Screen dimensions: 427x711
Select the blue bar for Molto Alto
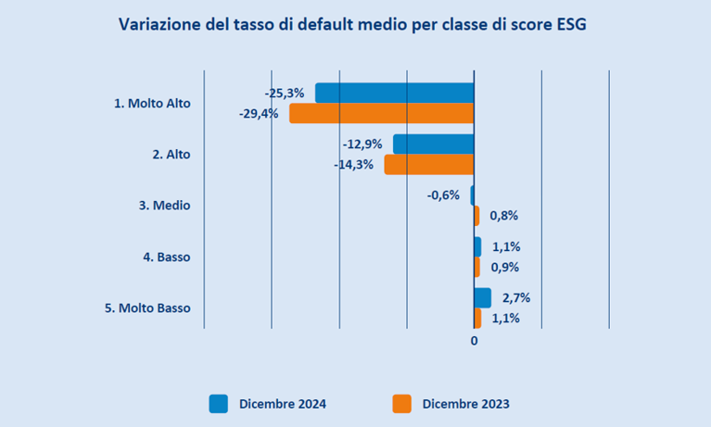point(394,93)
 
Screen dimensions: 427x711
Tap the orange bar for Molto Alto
point(381,113)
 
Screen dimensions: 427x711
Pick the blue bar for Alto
point(433,144)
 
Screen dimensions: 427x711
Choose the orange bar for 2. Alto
point(428,165)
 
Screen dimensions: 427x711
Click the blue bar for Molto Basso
point(482,297)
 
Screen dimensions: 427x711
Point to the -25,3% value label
point(284,93)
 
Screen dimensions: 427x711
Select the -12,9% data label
point(362,144)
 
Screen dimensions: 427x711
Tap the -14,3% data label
point(353,165)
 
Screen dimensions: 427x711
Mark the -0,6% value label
point(443,195)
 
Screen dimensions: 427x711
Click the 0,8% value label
point(503,216)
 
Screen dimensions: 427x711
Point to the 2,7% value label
point(517,298)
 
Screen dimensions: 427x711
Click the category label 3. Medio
point(164,206)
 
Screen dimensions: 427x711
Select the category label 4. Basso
point(166,257)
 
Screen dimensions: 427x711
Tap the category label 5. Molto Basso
point(147,308)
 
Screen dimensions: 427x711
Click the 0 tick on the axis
point(474,341)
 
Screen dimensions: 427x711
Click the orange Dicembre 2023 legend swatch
point(401,403)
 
